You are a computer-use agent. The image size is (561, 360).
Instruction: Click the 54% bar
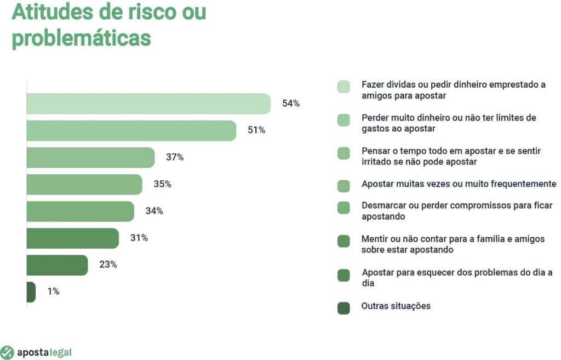[x=148, y=104]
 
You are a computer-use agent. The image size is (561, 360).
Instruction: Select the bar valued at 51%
[x=131, y=130]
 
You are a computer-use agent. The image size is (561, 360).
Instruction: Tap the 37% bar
[x=90, y=157]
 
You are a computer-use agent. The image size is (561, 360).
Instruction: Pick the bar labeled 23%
[x=57, y=265]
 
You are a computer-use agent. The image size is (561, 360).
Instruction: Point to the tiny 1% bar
[x=31, y=292]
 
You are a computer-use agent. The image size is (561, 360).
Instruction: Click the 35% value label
[x=162, y=184]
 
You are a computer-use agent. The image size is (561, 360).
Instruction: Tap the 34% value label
[x=154, y=211]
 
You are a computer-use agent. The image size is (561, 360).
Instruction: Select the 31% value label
[x=139, y=238]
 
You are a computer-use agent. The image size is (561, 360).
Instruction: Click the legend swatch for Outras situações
[x=344, y=308]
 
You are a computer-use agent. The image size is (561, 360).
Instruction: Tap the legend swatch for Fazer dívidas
[x=344, y=87]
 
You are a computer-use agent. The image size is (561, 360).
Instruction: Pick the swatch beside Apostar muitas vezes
[x=344, y=186]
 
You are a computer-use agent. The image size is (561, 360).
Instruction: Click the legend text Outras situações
[x=396, y=306]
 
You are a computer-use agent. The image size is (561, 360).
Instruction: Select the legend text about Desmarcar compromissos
[x=457, y=211]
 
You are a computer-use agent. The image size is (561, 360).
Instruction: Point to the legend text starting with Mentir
[x=453, y=244]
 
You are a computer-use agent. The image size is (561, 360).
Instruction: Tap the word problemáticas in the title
[x=81, y=38]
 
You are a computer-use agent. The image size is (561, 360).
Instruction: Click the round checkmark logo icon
[x=7, y=352]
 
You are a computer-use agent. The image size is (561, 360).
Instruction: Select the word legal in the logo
[x=60, y=352]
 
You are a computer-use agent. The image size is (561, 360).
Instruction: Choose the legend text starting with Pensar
[x=451, y=156]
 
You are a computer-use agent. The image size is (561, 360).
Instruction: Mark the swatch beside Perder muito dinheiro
[x=344, y=121]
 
